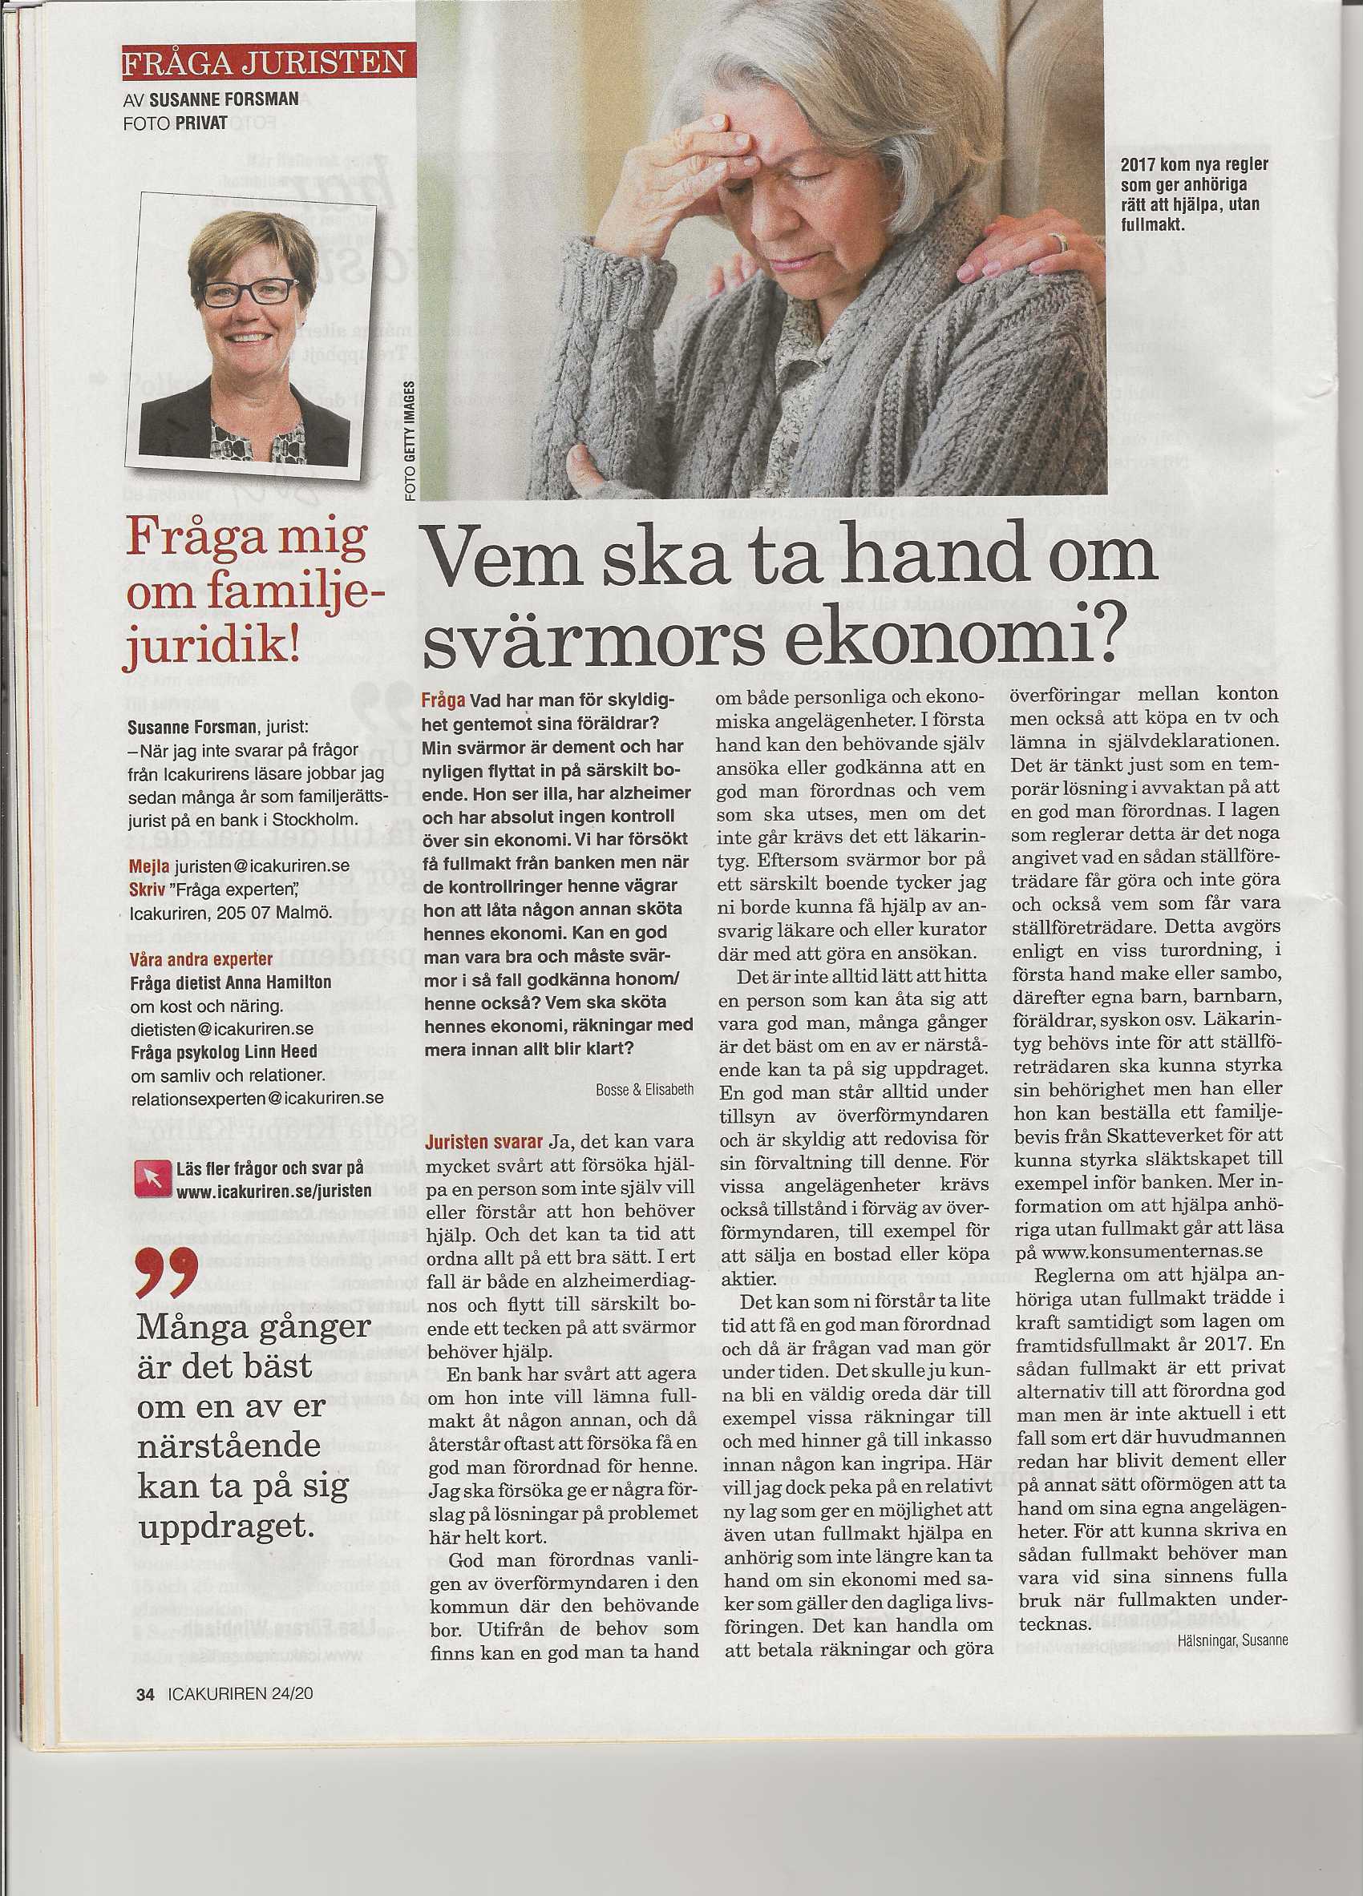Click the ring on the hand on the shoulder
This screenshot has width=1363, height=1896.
coord(1059,243)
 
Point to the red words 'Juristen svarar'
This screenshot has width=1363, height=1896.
coord(484,1142)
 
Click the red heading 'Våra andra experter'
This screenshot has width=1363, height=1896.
coord(201,960)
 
